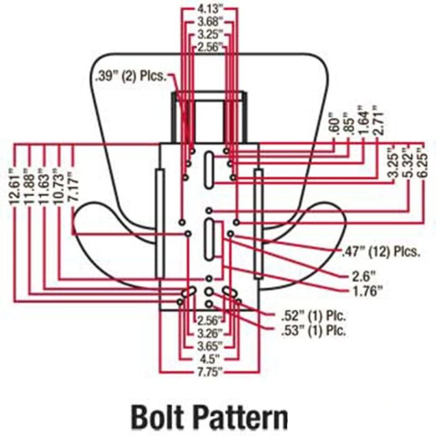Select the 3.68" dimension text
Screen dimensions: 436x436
(x=210, y=22)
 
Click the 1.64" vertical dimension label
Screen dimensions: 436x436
(x=361, y=121)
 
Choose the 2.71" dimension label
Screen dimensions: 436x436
(x=375, y=121)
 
